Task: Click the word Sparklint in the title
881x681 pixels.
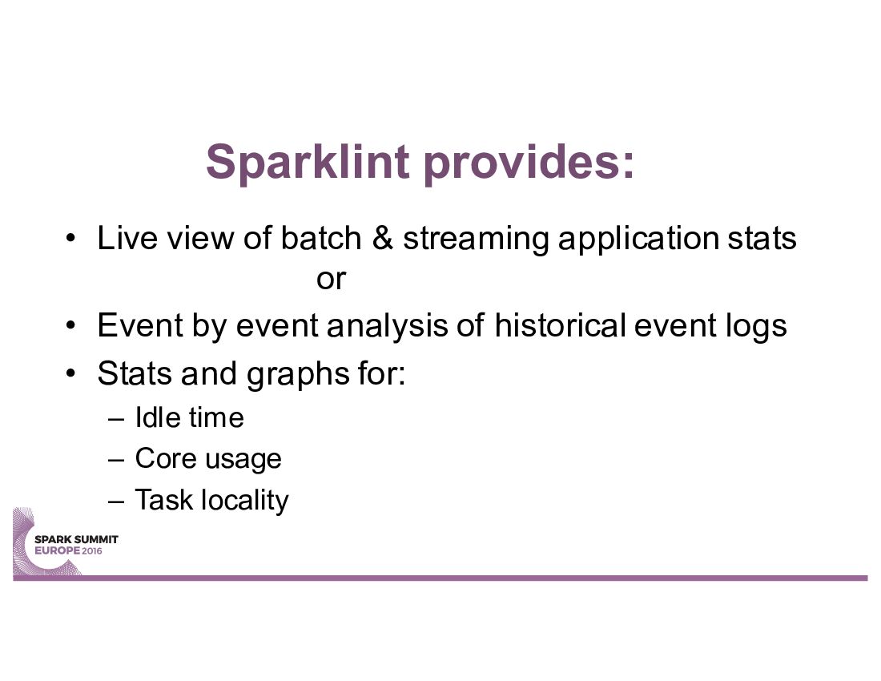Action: point(308,162)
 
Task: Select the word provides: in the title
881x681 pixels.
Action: point(529,163)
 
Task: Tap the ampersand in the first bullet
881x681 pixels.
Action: point(382,238)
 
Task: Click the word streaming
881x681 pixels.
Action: point(476,240)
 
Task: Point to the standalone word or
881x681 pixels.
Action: point(331,280)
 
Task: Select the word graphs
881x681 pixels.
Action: point(298,375)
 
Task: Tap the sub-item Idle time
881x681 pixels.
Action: point(189,417)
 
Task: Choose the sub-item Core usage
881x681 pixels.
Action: point(208,459)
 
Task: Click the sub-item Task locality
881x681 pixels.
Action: point(211,500)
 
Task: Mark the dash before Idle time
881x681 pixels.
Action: point(116,419)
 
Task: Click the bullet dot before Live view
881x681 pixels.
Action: point(70,238)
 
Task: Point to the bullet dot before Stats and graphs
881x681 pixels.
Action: point(70,373)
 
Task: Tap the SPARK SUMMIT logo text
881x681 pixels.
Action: point(76,539)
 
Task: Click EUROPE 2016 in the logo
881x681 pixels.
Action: point(69,550)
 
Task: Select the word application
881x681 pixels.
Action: point(638,240)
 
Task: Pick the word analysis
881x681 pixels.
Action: point(387,326)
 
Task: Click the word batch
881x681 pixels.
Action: point(321,238)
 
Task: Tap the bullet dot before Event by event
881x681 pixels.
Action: point(70,325)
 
